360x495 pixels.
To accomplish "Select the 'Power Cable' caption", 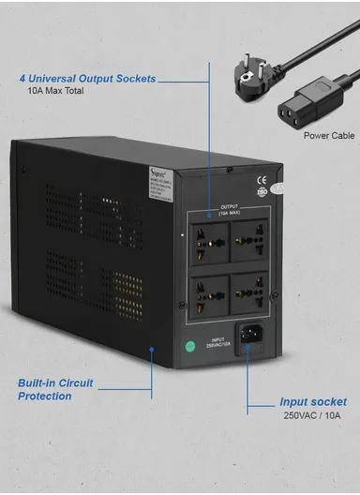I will click(328, 136).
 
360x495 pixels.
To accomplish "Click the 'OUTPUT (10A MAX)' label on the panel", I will click(230, 211).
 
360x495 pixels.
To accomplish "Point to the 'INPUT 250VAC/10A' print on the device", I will click(217, 343).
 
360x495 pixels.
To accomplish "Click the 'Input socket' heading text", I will click(312, 402).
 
